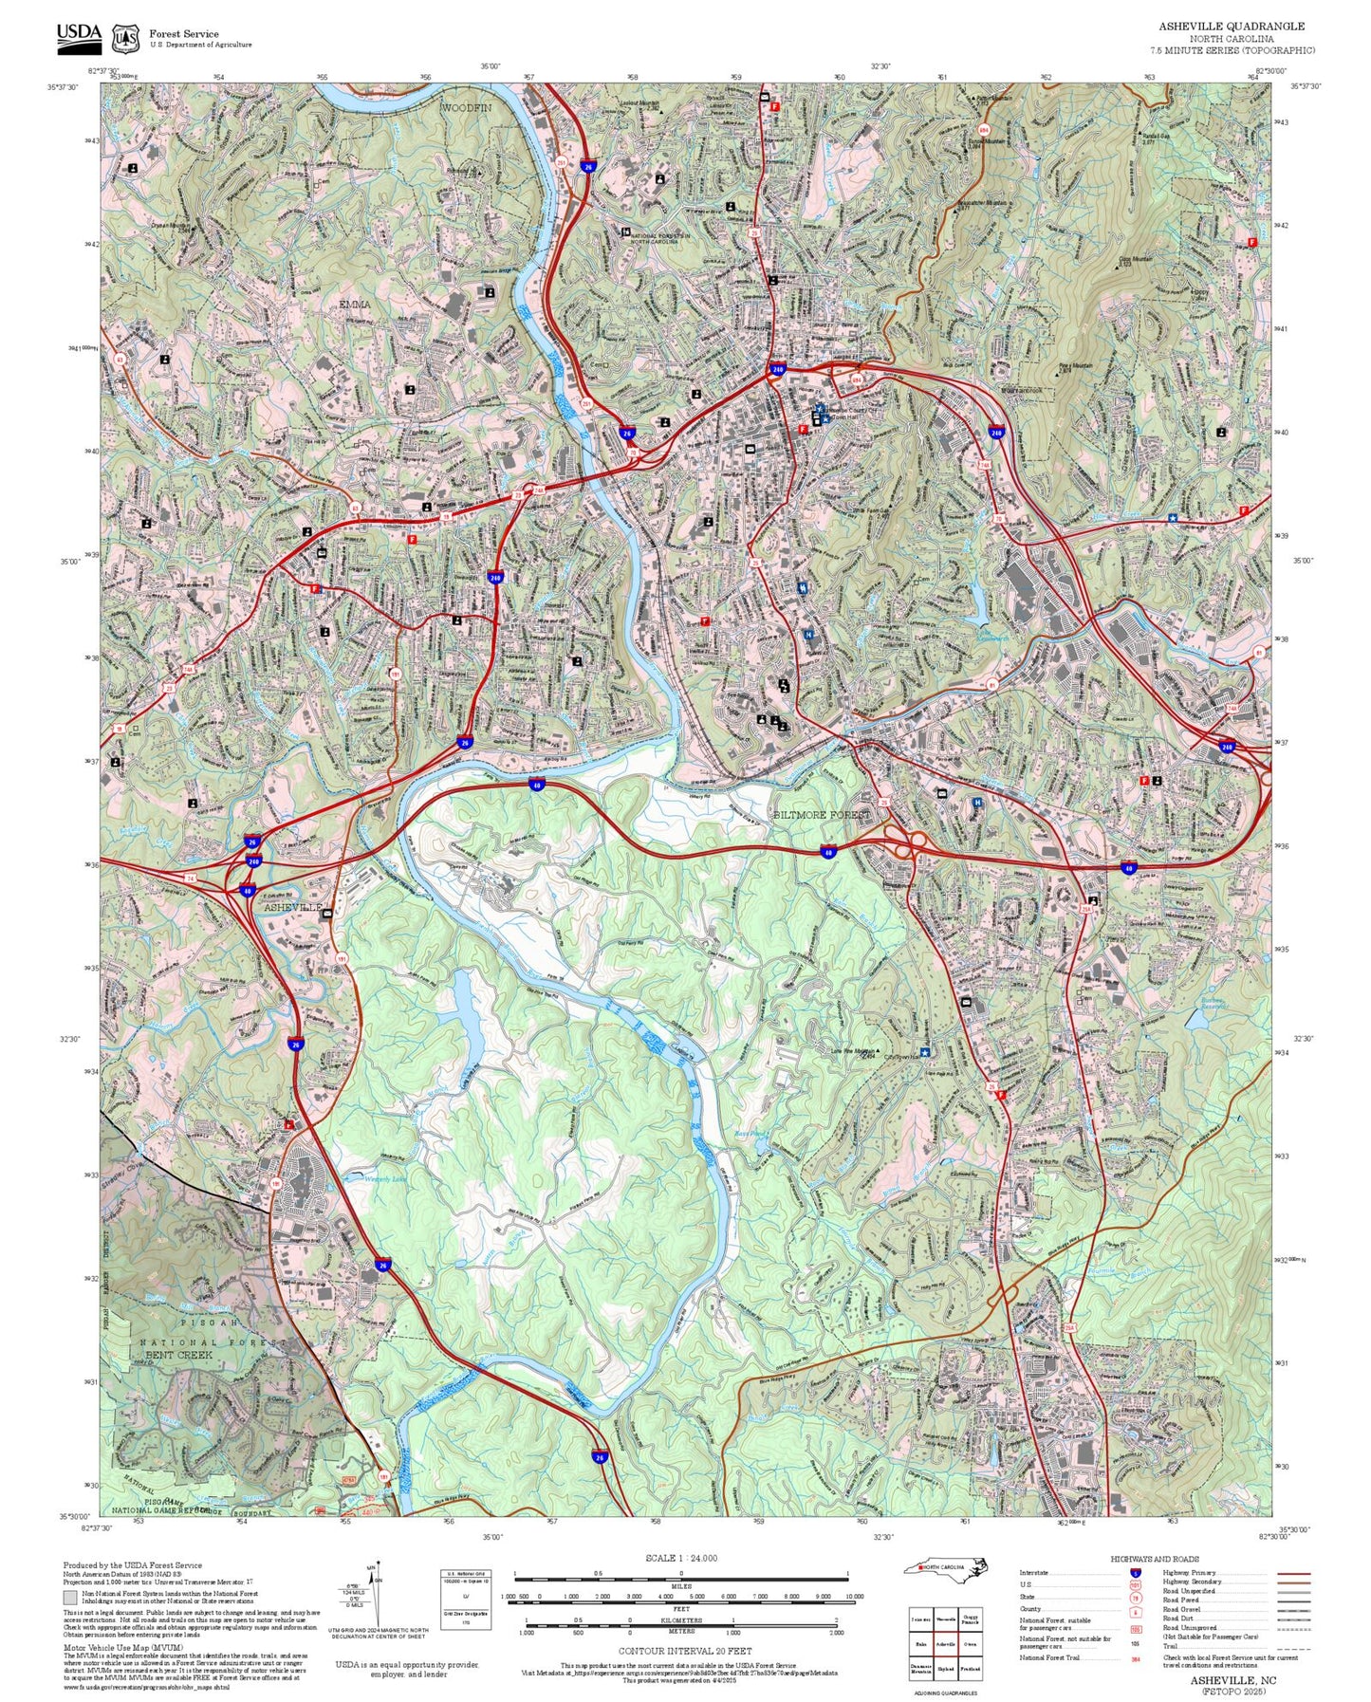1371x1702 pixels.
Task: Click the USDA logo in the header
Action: [x=79, y=36]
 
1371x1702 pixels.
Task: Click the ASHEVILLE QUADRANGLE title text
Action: [x=1231, y=27]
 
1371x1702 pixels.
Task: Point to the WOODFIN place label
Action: [x=466, y=108]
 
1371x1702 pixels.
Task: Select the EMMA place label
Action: [x=355, y=305]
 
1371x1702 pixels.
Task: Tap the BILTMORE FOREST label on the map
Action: [x=821, y=815]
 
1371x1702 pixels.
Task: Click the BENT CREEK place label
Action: [x=178, y=1355]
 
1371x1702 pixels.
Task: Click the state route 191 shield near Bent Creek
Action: [x=383, y=1477]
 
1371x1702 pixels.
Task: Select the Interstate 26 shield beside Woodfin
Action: [x=588, y=166]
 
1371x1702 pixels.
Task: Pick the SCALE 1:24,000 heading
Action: [x=680, y=1558]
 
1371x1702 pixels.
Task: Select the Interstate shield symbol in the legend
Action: [x=1136, y=1573]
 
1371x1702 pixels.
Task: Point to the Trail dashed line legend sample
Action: [x=1293, y=1648]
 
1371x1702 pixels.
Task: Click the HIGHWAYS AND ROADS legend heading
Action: [x=1154, y=1559]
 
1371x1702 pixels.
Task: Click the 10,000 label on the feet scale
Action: [x=854, y=1597]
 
